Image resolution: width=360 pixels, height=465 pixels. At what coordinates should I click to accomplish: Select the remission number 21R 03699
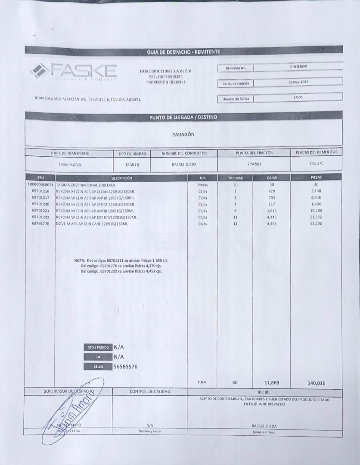click(x=298, y=66)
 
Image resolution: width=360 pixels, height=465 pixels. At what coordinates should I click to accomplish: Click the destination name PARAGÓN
click(x=183, y=134)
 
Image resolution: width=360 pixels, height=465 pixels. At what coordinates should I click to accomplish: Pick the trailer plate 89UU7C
click(x=316, y=164)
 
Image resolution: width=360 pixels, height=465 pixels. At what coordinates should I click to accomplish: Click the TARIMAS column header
click(x=236, y=177)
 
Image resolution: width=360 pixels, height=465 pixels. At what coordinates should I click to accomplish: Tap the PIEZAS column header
click(x=316, y=177)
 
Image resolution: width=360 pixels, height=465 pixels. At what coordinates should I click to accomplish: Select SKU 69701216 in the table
click(x=40, y=191)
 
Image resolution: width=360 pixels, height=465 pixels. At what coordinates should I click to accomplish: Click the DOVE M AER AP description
click(x=95, y=224)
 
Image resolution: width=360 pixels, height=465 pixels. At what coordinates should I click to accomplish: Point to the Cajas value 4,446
click(x=271, y=217)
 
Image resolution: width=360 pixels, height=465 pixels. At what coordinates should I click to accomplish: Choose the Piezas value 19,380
click(x=316, y=211)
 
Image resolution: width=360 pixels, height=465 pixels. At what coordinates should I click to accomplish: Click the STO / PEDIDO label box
click(x=97, y=347)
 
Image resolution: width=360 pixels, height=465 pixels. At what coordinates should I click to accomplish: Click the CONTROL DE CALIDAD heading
click(x=150, y=392)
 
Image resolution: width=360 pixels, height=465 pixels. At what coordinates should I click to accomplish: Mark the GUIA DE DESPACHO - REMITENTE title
click(x=183, y=52)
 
